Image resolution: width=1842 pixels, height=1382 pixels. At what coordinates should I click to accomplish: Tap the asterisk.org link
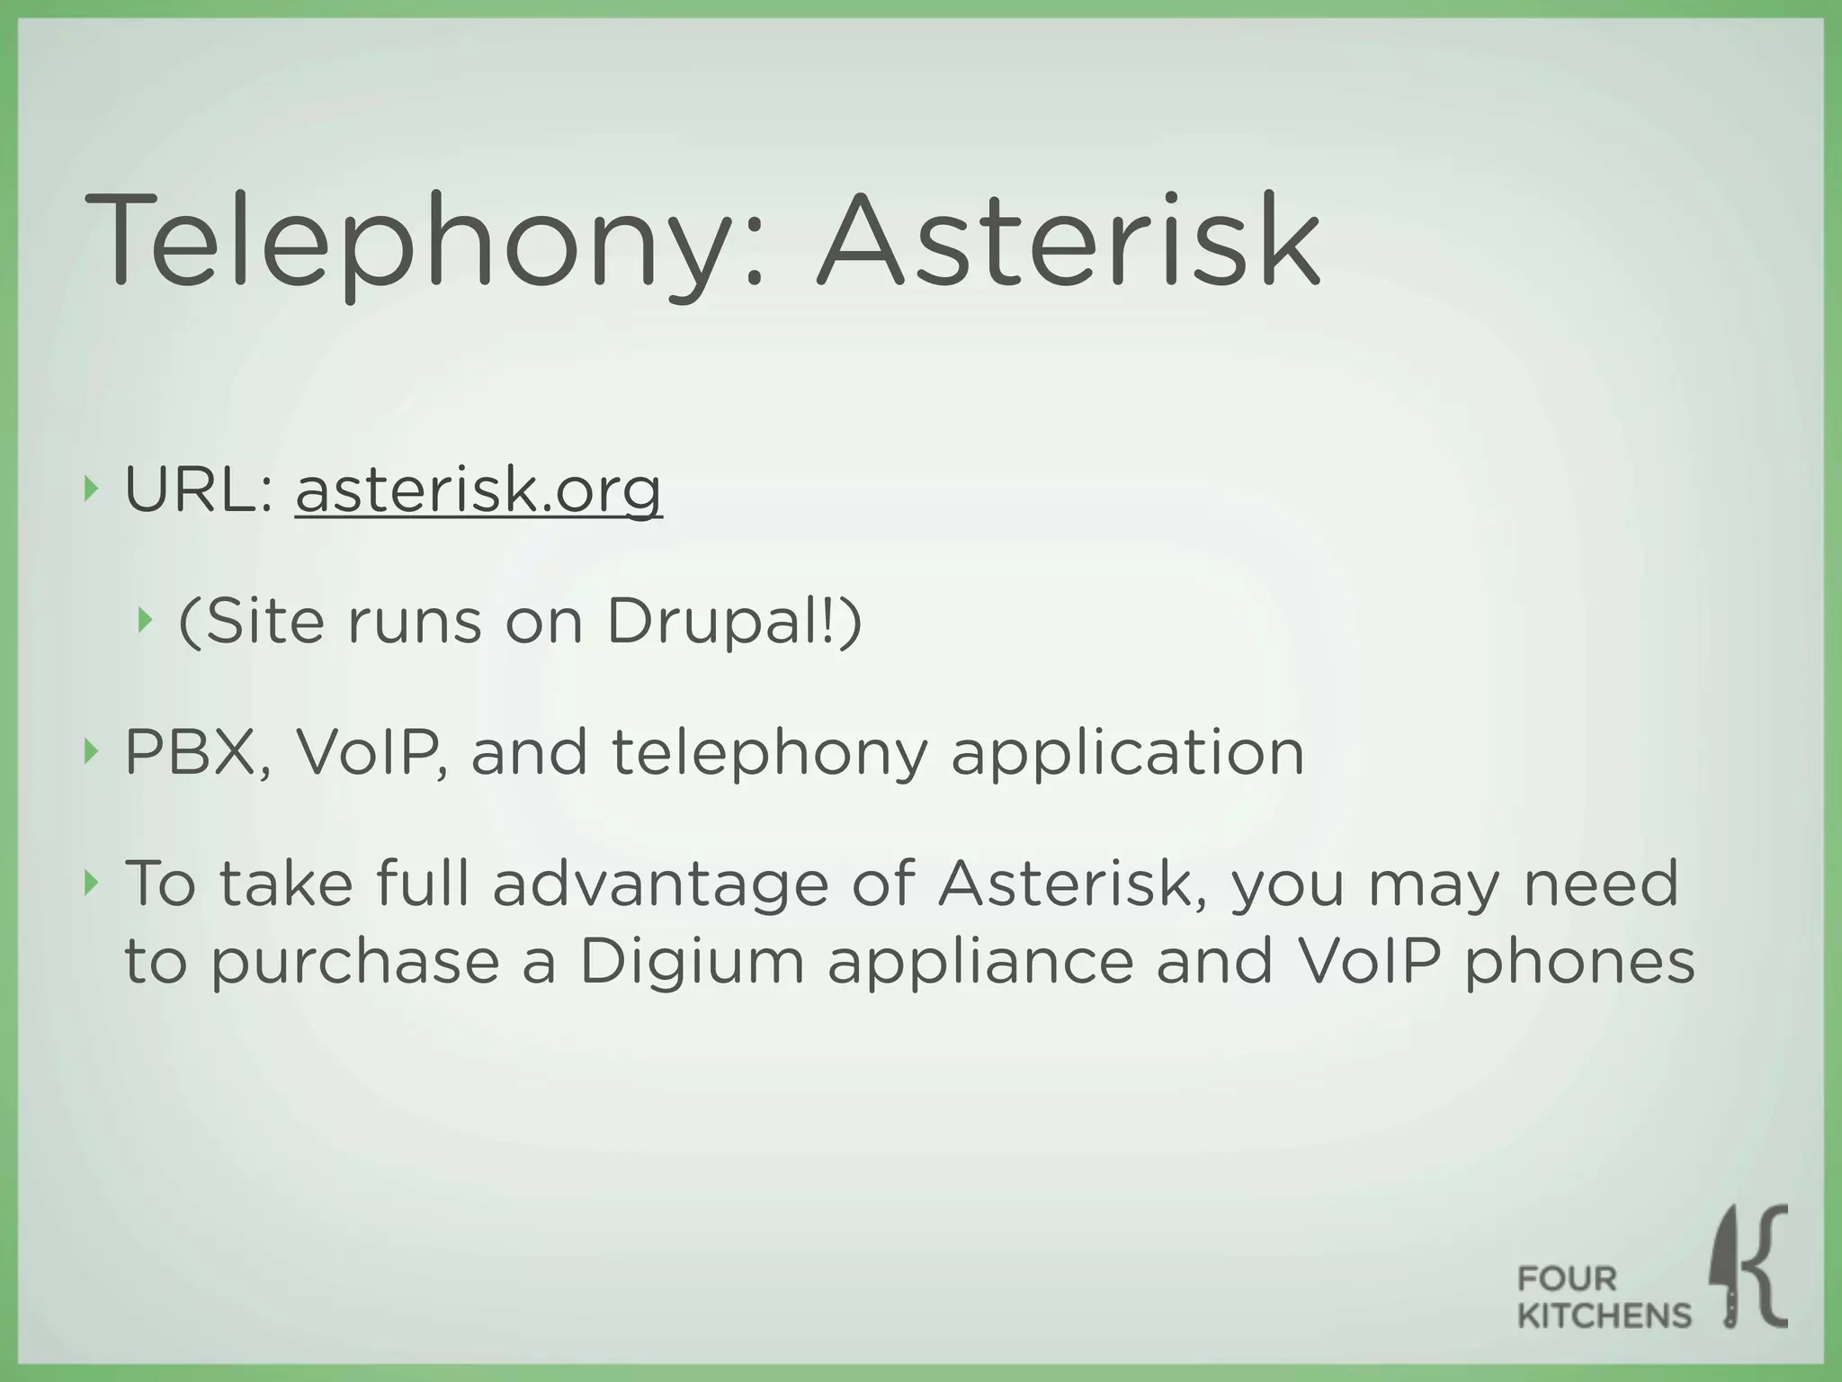(478, 492)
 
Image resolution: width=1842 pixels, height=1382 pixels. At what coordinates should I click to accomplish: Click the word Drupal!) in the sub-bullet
(734, 622)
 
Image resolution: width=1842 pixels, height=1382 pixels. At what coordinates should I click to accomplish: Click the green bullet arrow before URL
(89, 490)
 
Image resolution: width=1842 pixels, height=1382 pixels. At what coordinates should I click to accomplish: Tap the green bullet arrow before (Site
(143, 620)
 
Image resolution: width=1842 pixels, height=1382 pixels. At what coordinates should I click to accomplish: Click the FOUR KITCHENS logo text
(1603, 1297)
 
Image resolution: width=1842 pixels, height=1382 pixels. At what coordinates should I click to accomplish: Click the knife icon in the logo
(1727, 1269)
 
